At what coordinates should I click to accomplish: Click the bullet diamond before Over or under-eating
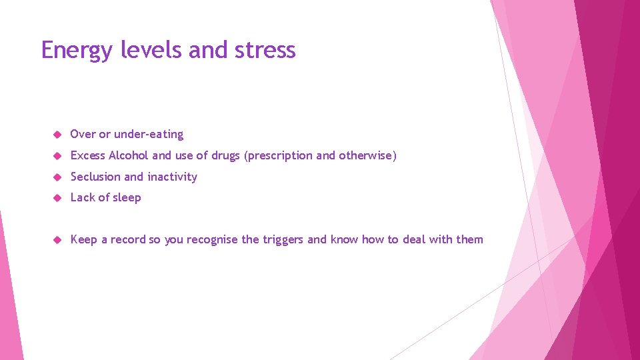pos(57,135)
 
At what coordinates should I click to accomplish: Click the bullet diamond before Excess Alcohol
pos(57,156)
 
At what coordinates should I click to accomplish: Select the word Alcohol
pos(129,155)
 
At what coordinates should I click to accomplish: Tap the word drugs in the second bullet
pos(226,155)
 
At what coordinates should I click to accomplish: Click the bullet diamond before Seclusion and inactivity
pos(57,177)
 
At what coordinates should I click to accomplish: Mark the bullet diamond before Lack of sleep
pos(57,198)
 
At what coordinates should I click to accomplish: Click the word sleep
pos(126,198)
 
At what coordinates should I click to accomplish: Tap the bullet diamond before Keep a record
pos(57,240)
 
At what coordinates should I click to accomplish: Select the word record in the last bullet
pos(128,239)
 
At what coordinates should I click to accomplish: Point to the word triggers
pos(283,240)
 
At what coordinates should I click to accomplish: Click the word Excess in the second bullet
pos(88,155)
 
